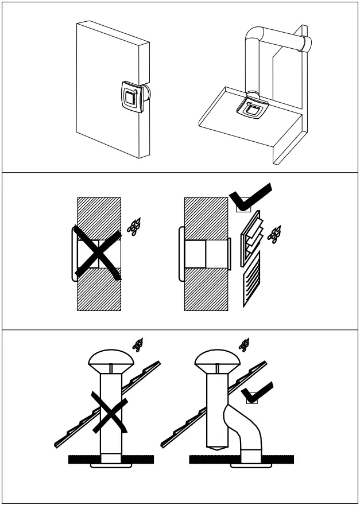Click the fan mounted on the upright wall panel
(x=131, y=96)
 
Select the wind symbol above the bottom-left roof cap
(x=138, y=344)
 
